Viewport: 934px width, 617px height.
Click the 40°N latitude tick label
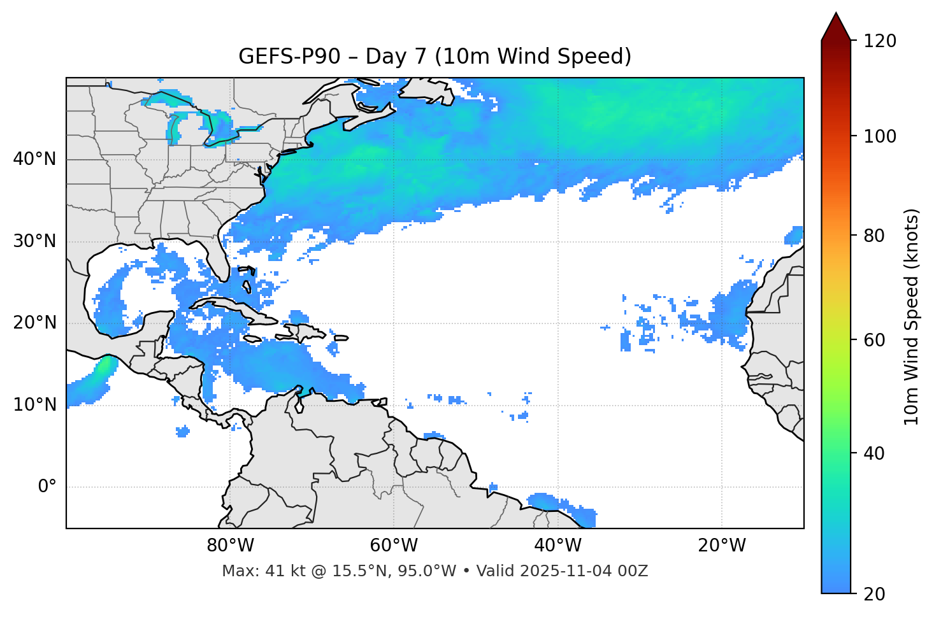click(x=34, y=159)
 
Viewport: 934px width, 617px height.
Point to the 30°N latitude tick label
click(x=34, y=241)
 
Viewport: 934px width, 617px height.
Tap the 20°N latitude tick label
click(x=34, y=323)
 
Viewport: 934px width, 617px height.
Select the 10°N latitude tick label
click(x=34, y=405)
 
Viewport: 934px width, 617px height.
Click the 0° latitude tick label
click(x=47, y=487)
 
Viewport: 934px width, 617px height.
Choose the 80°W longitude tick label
click(x=230, y=546)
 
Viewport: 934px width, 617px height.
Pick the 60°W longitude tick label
click(x=394, y=546)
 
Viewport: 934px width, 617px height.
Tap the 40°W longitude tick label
click(x=558, y=546)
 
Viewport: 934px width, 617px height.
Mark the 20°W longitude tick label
click(x=722, y=546)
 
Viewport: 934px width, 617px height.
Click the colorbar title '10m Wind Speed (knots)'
click(x=912, y=316)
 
